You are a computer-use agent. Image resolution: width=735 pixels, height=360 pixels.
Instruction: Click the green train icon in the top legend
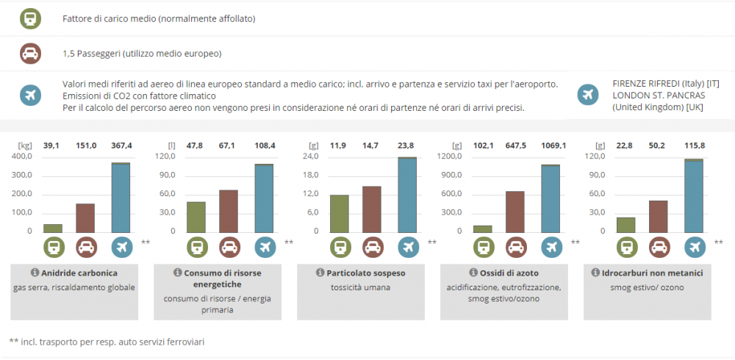30,18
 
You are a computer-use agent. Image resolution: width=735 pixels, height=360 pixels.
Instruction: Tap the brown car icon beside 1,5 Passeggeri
30,53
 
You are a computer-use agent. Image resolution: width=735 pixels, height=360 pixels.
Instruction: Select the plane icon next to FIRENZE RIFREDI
587,94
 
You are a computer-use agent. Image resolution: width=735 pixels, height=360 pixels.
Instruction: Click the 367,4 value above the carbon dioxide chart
121,145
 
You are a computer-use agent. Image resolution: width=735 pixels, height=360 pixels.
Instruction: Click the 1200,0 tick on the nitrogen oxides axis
448,156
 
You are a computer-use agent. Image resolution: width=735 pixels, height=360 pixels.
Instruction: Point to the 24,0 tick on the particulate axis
309,156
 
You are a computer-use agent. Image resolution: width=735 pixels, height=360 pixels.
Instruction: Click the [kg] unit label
25,145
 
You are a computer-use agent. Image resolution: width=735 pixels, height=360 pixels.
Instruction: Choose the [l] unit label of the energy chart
171,145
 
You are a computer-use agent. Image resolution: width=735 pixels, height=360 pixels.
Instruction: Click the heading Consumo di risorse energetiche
222,278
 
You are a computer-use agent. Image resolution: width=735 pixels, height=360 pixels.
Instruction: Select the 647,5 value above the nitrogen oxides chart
515,145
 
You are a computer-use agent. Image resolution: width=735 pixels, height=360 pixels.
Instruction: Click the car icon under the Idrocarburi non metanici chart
658,246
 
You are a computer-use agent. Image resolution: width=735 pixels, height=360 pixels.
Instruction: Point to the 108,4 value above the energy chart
264,145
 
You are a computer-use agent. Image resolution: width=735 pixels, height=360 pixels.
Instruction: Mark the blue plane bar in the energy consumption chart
264,198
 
